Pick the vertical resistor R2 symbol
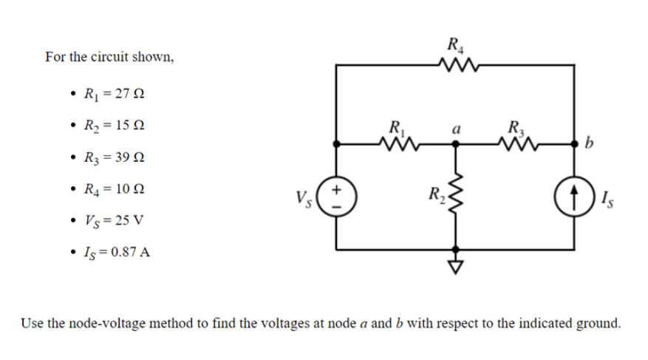[455, 197]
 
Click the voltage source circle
[338, 197]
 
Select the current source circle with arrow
[573, 197]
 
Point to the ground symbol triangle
[455, 265]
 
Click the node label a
[457, 128]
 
